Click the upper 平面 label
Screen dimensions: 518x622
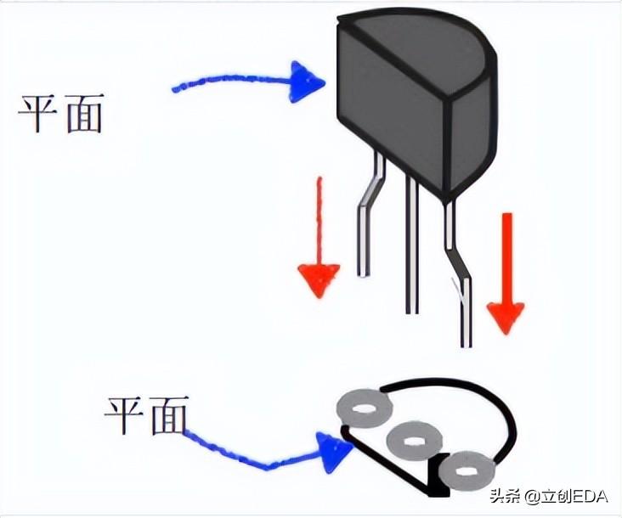click(60, 113)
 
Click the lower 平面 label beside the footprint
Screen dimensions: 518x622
click(145, 415)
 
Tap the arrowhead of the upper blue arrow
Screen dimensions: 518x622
click(306, 82)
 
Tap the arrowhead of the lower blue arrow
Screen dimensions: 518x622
click(334, 449)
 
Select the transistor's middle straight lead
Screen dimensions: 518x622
click(411, 246)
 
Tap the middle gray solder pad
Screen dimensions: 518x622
click(412, 441)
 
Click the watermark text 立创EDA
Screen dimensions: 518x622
click(566, 497)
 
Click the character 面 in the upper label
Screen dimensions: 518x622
click(82, 113)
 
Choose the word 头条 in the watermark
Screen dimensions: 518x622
click(504, 497)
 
